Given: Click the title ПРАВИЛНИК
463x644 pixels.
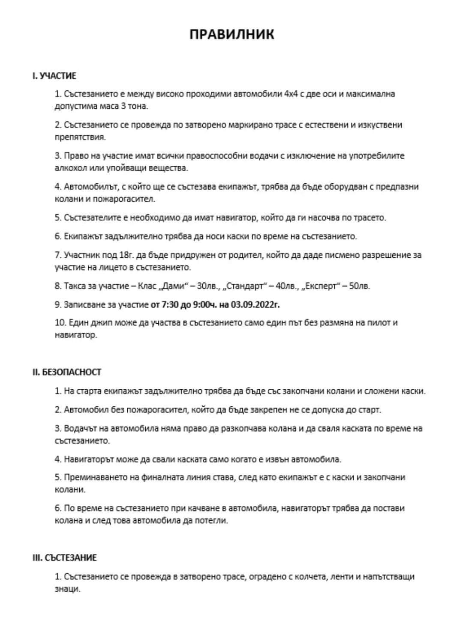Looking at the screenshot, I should pyautogui.click(x=231, y=34).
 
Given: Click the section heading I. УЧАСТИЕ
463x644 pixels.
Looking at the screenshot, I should pyautogui.click(x=54, y=76).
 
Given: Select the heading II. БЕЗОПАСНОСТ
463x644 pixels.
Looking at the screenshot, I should pyautogui.click(x=67, y=372).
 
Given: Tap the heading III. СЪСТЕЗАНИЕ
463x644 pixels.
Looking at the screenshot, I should pyautogui.click(x=65, y=558).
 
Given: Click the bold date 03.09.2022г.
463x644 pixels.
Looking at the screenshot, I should pyautogui.click(x=256, y=305).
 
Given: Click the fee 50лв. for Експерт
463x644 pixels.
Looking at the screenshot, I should pyautogui.click(x=359, y=286).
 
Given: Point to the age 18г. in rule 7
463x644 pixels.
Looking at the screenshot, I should pyautogui.click(x=124, y=255).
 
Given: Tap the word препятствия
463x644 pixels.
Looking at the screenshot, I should pyautogui.click(x=80, y=137).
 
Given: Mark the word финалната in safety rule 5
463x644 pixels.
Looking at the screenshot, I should pyautogui.click(x=162, y=477).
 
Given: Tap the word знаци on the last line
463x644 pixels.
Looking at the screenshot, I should pyautogui.click(x=67, y=589).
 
